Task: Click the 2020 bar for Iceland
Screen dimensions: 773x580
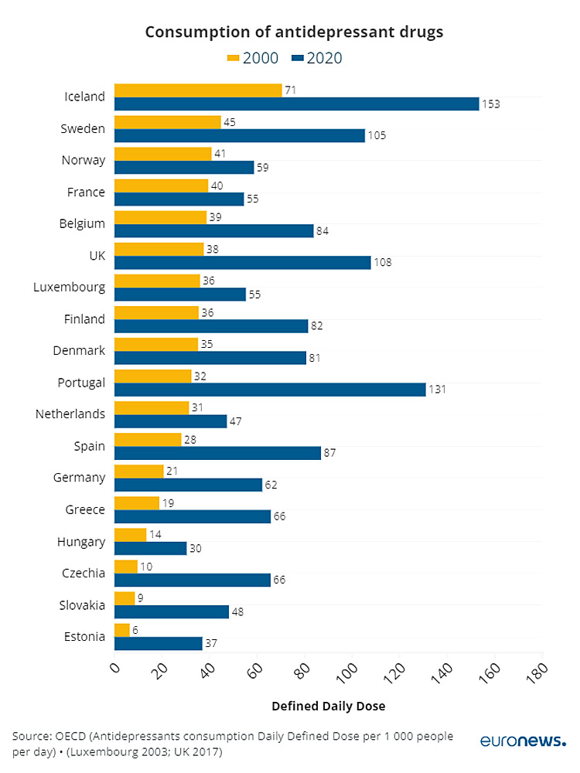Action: (296, 104)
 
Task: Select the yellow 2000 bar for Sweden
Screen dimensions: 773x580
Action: (168, 121)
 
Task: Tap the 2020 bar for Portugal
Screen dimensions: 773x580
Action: (270, 390)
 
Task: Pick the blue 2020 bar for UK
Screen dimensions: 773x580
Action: (242, 262)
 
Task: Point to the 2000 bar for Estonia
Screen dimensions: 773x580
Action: (122, 630)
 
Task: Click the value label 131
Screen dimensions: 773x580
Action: (438, 390)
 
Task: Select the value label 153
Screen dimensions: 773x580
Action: (492, 104)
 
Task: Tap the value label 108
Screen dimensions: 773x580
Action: (383, 262)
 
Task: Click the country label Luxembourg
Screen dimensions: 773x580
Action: (69, 287)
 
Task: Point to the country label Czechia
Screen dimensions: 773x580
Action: (84, 573)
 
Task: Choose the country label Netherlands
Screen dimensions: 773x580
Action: (70, 414)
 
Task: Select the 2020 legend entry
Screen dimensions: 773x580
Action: (317, 58)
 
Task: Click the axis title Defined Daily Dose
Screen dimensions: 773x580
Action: (328, 706)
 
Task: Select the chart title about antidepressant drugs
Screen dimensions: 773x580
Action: (294, 32)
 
